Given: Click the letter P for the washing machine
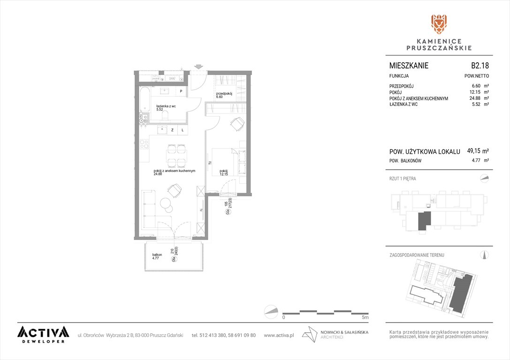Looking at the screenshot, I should click(x=181, y=91).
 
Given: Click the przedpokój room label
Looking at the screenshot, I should click(x=222, y=94).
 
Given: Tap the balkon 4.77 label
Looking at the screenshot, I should click(x=156, y=256).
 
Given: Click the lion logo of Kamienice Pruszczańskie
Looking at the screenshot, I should click(x=439, y=25).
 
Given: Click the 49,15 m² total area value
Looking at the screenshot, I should click(x=478, y=151).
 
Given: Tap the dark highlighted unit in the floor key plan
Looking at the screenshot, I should click(x=424, y=220).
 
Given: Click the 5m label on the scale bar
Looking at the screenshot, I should click(x=365, y=317).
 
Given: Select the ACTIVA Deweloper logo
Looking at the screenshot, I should click(x=43, y=334).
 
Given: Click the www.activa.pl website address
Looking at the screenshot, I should click(x=279, y=335).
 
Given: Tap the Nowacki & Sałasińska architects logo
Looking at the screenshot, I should click(x=335, y=334).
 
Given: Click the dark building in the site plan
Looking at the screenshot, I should click(x=461, y=292).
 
